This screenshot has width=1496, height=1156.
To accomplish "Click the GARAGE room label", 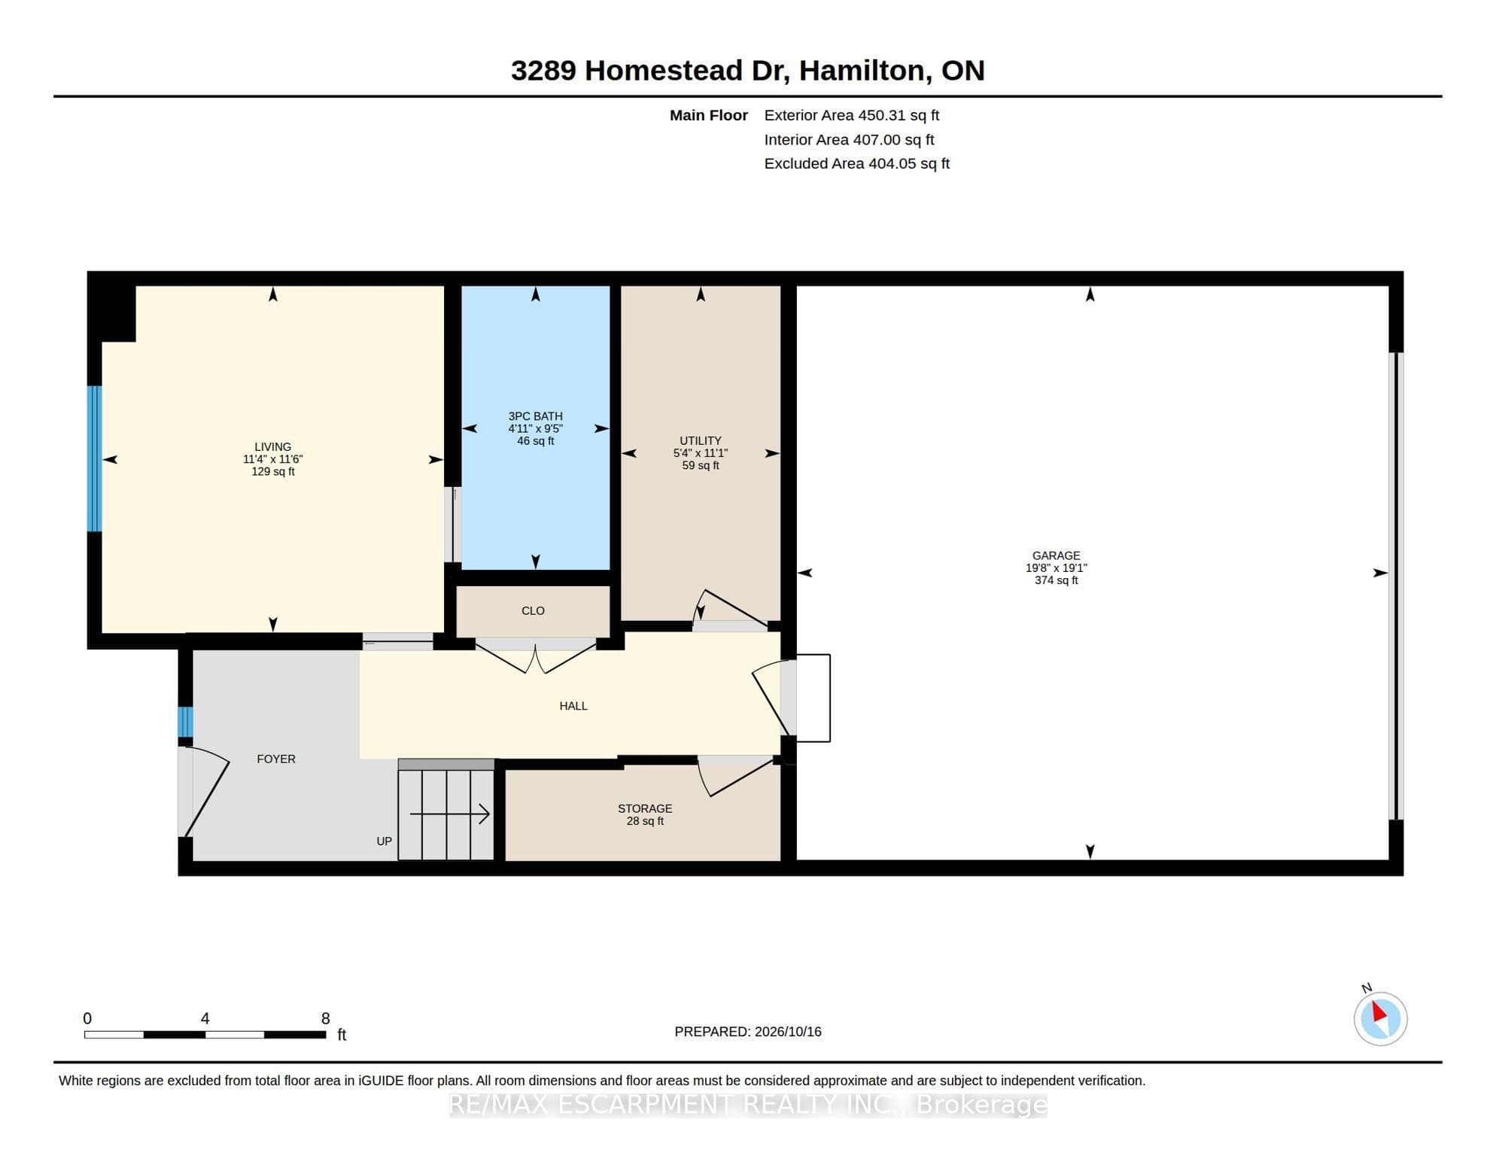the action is pos(1056,555).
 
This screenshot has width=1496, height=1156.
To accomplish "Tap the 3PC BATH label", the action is pos(535,416).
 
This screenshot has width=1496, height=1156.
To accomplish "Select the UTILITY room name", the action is pos(701,441).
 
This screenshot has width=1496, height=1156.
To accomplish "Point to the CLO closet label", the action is pos(533,610).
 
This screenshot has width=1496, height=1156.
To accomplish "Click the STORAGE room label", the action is pos(645,808).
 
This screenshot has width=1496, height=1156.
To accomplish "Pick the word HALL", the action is pos(573,706).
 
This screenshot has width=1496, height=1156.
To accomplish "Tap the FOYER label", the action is pos(276,759).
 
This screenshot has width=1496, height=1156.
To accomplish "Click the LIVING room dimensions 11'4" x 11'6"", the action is pos(272,459).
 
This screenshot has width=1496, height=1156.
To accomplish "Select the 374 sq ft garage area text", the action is pos(1056,580).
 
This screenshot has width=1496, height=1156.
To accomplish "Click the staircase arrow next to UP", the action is pos(449,814).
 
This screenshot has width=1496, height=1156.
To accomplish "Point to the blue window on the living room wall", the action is pos(94,458).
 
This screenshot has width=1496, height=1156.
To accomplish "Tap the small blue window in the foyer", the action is pos(185,722).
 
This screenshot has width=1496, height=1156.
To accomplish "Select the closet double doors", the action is pos(535,657).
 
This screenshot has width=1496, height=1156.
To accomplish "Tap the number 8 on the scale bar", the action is pos(325,1018).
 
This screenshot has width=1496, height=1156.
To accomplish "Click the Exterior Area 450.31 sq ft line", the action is pos(851,115).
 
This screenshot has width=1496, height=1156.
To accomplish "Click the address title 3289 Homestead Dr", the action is pos(649,70).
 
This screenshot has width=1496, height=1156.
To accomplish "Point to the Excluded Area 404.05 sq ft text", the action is pos(856,163).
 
